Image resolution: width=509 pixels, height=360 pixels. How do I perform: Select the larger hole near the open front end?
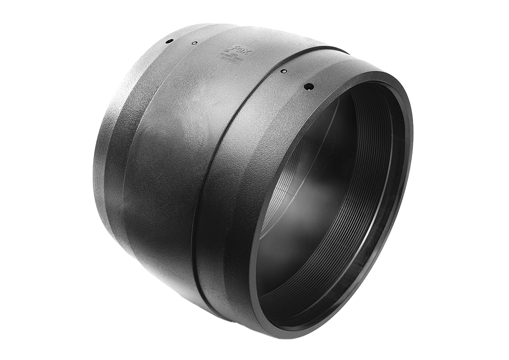tap(309, 86)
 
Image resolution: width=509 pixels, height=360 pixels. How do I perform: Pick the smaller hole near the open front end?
tap(284, 71)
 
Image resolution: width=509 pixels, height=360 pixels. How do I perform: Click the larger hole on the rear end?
tap(169, 41)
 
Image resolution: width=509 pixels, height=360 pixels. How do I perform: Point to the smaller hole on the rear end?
tap(195, 43)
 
